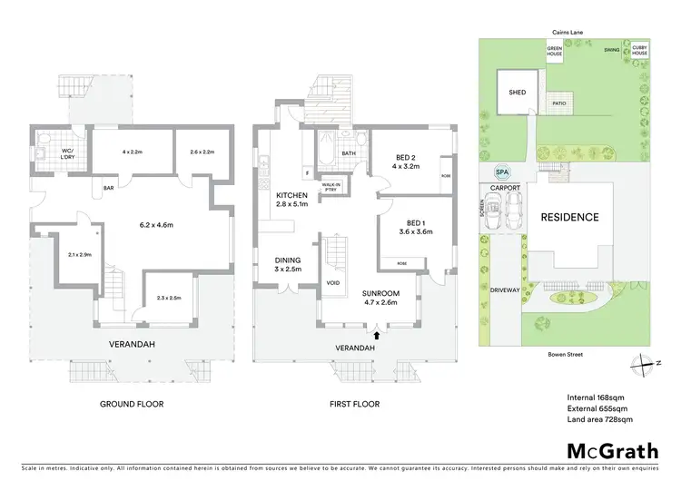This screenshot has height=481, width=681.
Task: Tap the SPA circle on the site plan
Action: coord(501,172)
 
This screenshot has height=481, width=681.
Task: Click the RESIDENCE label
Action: coord(569,217)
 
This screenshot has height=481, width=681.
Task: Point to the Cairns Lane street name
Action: coord(558,32)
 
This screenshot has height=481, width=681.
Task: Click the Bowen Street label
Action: coord(564,355)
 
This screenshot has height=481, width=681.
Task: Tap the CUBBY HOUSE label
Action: coord(640,49)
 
